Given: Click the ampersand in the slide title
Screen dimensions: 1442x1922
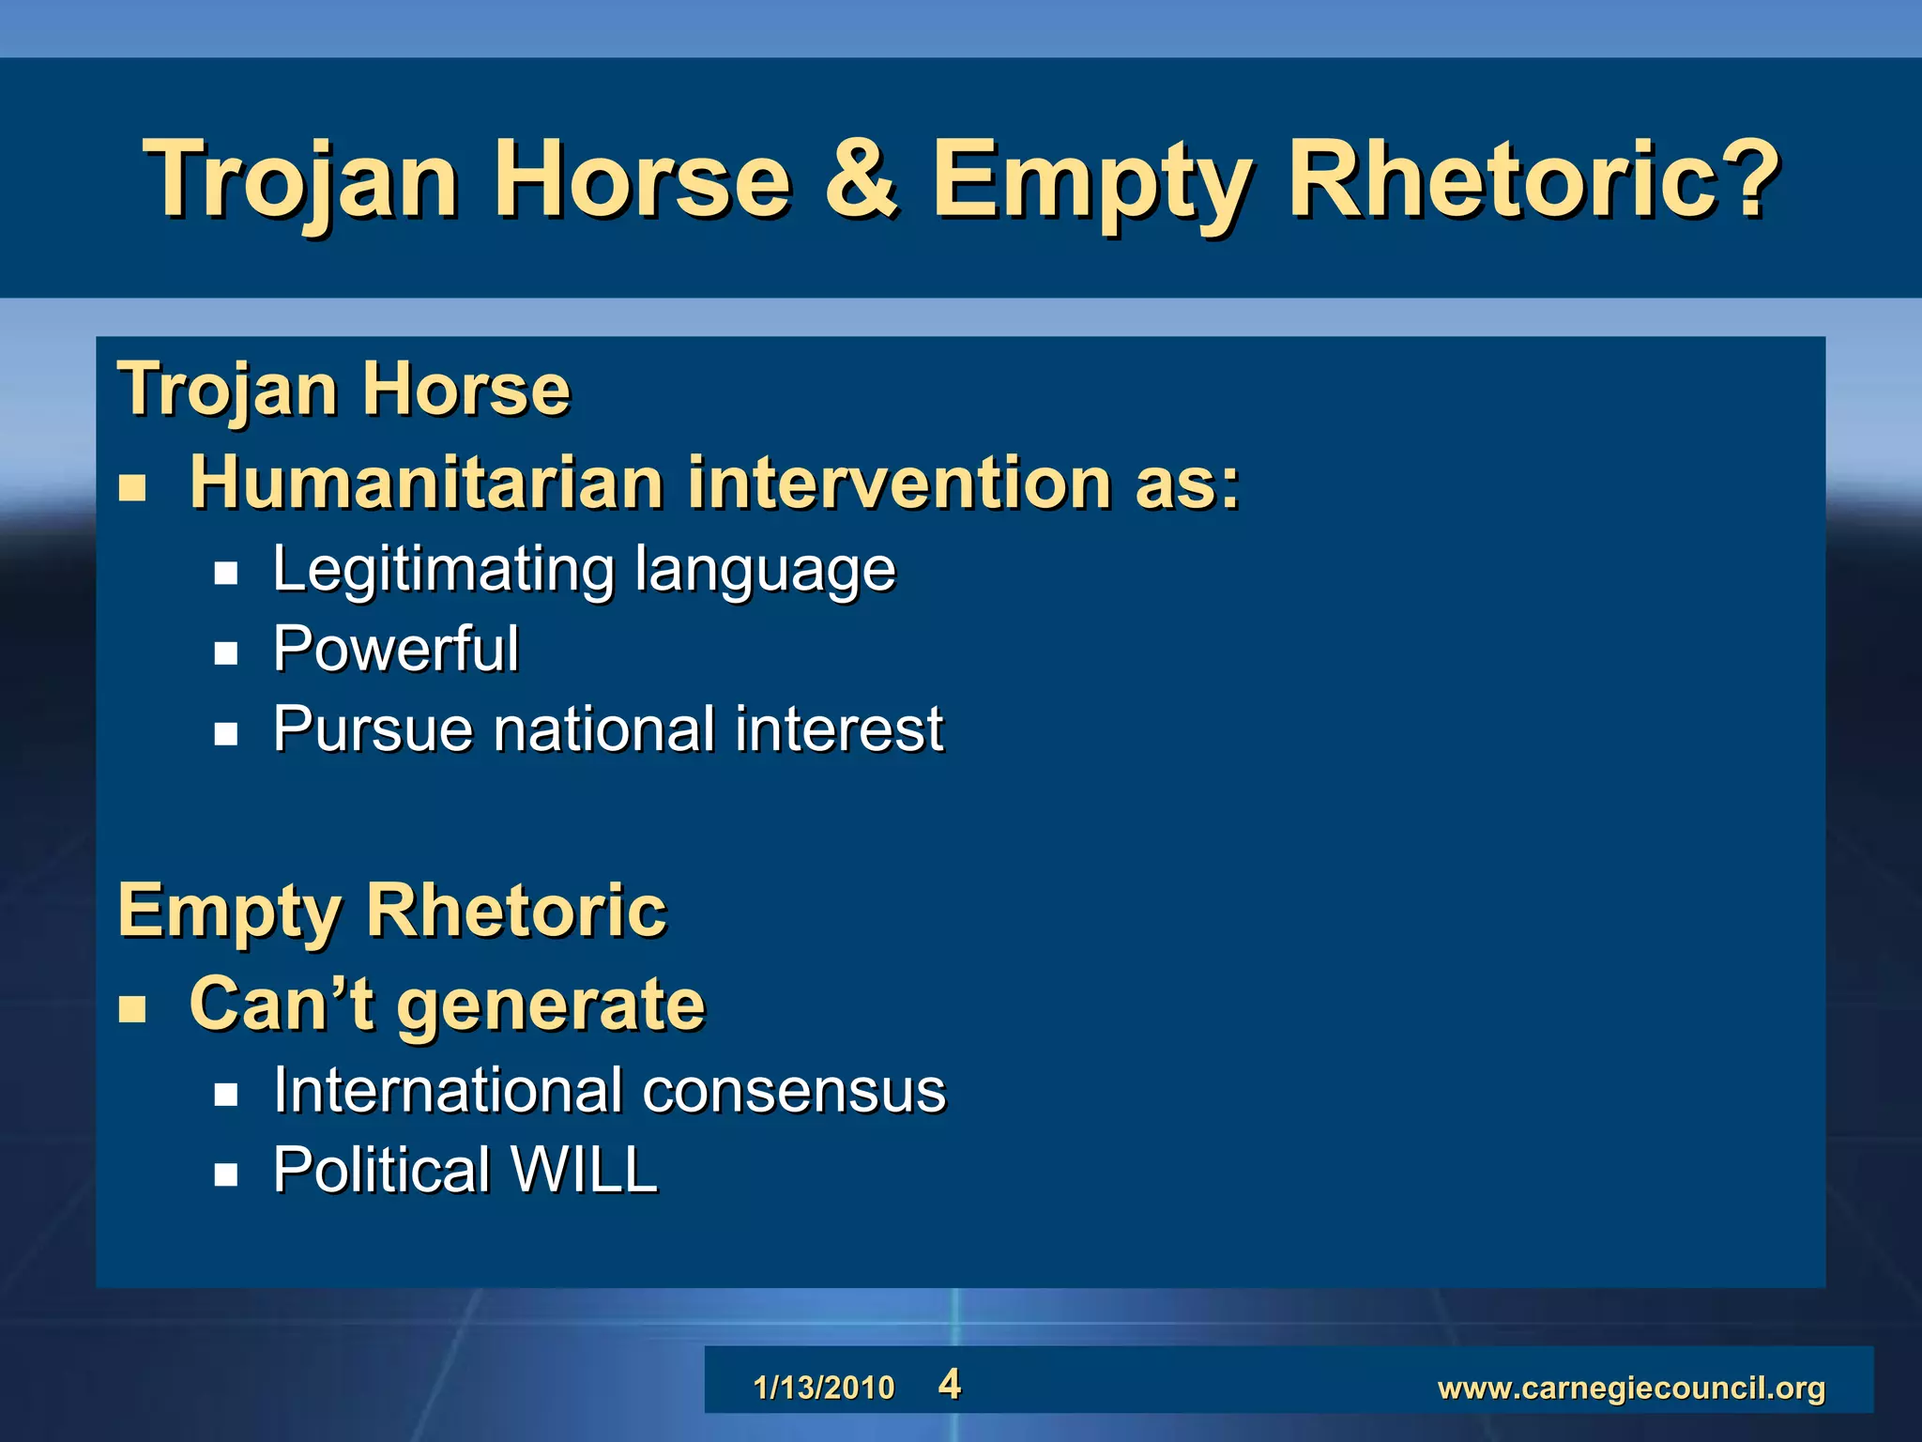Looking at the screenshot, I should (x=861, y=178).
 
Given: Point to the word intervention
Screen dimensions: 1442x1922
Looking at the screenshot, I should (x=899, y=483).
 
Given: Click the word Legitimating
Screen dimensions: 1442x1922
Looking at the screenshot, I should (x=443, y=570).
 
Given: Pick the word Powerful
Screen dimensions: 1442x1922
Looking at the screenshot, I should (x=395, y=649).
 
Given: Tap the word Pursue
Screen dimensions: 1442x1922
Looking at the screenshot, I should (x=373, y=729).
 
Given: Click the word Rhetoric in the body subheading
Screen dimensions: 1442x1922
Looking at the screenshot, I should (x=516, y=910).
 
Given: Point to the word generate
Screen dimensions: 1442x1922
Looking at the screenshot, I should (x=551, y=1004).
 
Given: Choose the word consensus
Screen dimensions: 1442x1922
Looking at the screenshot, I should (x=794, y=1091).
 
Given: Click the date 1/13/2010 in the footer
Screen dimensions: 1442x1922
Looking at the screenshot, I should (x=824, y=1388).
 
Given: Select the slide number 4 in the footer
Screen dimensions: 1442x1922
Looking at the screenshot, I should (x=949, y=1385).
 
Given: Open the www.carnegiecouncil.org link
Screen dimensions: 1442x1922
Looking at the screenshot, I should (x=1631, y=1388).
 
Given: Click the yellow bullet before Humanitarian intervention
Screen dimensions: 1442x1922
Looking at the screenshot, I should (x=132, y=487).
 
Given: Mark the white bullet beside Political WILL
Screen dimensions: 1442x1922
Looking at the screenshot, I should (x=225, y=1174).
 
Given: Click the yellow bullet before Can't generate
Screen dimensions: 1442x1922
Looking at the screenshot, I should (x=132, y=1008).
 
